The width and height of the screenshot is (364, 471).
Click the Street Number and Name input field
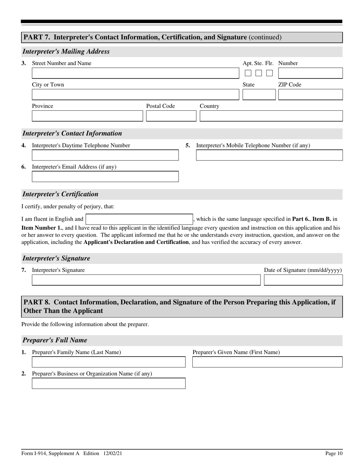pos(135,73)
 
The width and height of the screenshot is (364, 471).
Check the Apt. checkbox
pos(248,73)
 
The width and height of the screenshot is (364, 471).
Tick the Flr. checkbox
pos(270,73)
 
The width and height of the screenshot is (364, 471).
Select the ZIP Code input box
pos(310,95)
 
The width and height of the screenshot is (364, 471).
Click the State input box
pos(259,95)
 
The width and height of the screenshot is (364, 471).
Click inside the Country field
pos(271,116)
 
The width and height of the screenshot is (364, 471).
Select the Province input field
pos(87,116)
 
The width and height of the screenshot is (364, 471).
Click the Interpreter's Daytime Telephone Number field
pos(105,155)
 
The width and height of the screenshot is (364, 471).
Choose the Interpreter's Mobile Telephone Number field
pos(269,155)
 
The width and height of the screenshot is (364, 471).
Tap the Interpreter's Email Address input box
pos(105,177)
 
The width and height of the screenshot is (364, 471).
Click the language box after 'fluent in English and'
pos(139,219)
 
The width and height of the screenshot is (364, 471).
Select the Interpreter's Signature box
pos(146,280)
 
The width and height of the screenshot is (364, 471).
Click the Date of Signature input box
pos(303,280)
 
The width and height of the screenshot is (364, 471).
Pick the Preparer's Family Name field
pos(108,362)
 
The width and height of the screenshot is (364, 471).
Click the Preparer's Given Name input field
pos(267,362)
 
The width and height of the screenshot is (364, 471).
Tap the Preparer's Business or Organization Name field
pos(108,383)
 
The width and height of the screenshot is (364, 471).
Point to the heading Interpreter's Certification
pos(61,194)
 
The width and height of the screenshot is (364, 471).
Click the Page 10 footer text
pos(334,453)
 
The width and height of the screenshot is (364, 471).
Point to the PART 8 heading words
pos(179,306)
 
